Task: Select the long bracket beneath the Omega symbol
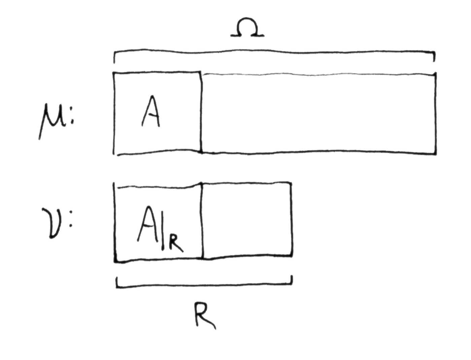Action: (x=274, y=53)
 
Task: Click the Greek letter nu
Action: (x=52, y=222)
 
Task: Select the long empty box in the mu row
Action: (x=318, y=113)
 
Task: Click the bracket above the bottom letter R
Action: (x=204, y=286)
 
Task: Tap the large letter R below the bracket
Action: (x=204, y=315)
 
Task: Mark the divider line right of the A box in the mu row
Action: (x=201, y=113)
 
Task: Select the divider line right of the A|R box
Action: (x=202, y=221)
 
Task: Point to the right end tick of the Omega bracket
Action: (x=434, y=56)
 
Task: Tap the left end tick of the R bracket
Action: (x=117, y=282)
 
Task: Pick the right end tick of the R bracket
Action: (x=292, y=280)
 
